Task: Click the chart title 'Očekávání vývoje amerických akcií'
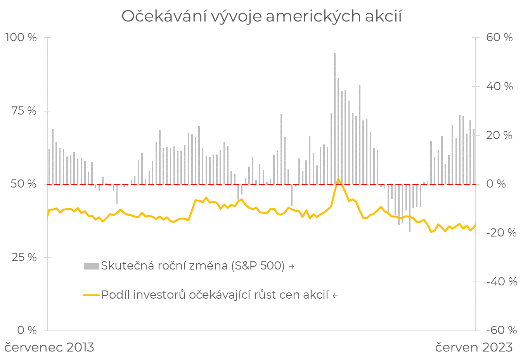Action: click(261, 16)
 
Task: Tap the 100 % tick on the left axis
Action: click(21, 38)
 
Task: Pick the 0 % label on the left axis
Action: click(27, 330)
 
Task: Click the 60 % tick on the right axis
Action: click(499, 38)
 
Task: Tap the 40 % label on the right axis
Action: click(499, 86)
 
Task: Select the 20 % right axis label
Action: click(499, 136)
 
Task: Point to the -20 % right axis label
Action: click(501, 233)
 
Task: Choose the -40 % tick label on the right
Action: click(501, 282)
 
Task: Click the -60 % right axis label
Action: click(501, 330)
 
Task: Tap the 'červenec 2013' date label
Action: click(49, 347)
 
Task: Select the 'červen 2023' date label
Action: click(474, 347)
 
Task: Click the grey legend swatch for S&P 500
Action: click(91, 266)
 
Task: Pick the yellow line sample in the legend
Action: click(91, 295)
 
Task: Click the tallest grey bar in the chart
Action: click(335, 117)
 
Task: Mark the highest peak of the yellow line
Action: click(338, 179)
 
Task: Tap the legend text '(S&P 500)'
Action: click(258, 266)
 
